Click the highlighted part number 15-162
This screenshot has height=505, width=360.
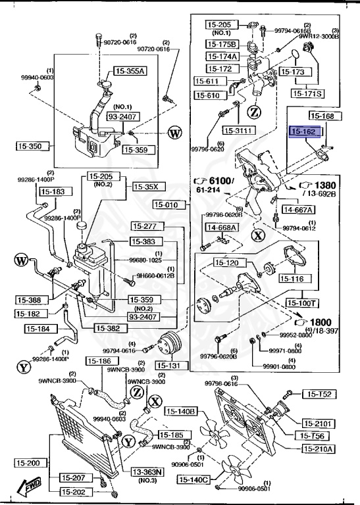pos(305,132)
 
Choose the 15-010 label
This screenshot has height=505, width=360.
pos(170,205)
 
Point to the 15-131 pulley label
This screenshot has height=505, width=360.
pos(170,365)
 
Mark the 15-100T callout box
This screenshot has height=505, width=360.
pos(301,303)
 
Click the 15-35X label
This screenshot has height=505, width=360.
pos(148,187)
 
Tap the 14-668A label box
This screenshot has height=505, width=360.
pos(222,228)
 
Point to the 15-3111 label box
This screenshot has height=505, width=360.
pos(238,130)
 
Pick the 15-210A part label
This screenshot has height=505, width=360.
pos(319,449)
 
